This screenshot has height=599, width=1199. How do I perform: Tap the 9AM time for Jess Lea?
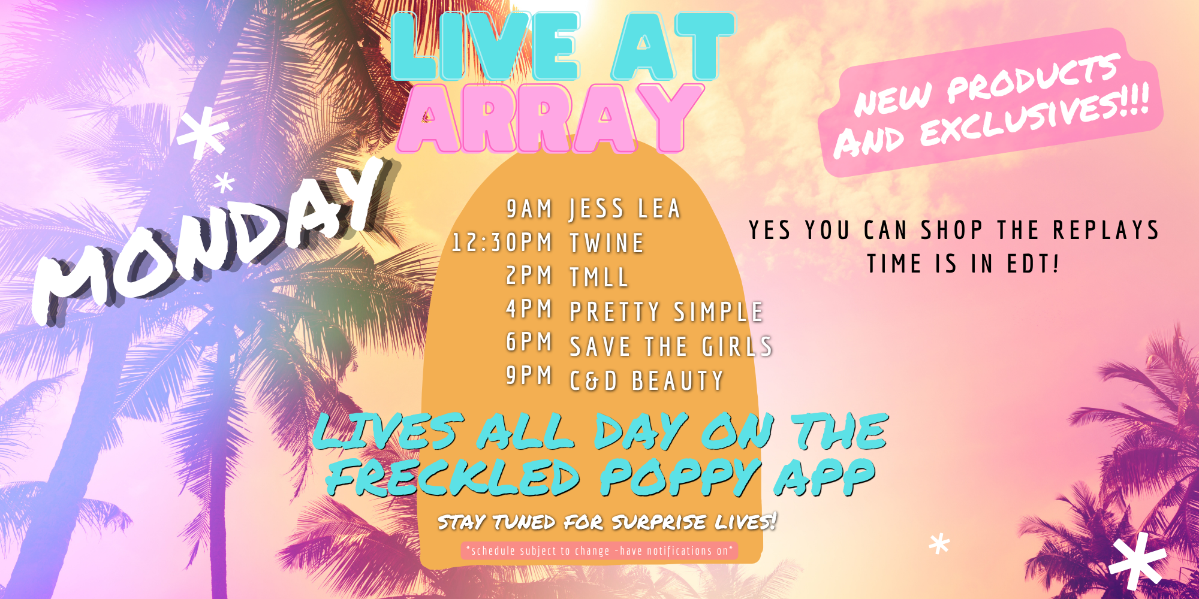529,209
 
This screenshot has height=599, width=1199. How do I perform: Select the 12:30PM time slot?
501,243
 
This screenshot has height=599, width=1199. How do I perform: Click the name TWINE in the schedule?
607,243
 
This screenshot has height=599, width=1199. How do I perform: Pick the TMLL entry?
599,277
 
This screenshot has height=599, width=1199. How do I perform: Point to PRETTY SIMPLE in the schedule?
666,311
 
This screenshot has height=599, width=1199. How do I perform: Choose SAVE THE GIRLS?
671,346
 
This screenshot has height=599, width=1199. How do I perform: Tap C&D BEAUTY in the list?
647,381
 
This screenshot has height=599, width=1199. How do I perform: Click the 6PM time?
529,342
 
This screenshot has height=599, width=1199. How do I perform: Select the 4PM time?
529,309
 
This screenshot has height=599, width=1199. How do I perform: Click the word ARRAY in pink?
550,118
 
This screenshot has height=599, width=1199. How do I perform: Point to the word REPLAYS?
1106,230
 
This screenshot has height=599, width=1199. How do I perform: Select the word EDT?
1033,264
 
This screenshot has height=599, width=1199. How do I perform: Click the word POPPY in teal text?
680,477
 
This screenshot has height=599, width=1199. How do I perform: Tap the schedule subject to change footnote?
599,550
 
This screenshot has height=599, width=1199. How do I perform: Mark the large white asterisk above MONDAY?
203,132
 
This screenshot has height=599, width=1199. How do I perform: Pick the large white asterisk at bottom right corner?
1137,560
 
